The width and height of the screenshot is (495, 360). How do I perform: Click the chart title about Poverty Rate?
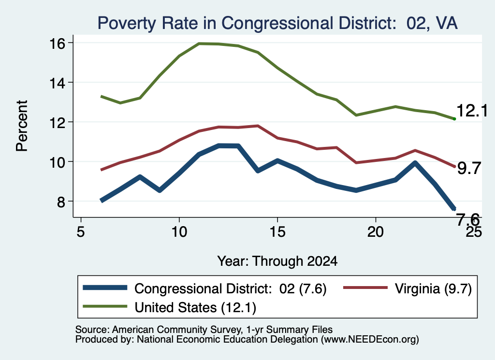coord(277,23)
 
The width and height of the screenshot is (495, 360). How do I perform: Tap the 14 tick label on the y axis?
coord(58,83)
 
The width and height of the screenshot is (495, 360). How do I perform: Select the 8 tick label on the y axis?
coord(61,202)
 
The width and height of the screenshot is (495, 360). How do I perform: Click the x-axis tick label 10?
coord(179,232)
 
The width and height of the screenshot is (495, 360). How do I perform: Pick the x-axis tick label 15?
coord(277,232)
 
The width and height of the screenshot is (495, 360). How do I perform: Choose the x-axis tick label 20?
coord(376,232)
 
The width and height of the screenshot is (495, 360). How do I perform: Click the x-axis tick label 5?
coord(81,232)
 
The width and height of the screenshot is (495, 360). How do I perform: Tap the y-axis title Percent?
coord(22,126)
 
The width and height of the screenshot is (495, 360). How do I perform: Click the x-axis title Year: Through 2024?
coord(277,261)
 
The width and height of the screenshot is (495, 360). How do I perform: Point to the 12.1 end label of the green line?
coord(472,111)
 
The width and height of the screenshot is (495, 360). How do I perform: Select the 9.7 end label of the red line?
coord(469,169)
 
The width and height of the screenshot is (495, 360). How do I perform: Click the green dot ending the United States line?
coord(454,119)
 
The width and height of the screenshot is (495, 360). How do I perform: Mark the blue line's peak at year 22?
coord(415,163)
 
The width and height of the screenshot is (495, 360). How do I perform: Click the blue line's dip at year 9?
coord(160,190)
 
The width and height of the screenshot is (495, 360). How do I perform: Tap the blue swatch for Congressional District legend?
coord(105,288)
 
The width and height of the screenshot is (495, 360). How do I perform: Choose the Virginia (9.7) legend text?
coord(433,288)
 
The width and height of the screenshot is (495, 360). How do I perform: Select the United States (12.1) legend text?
coord(195,308)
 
